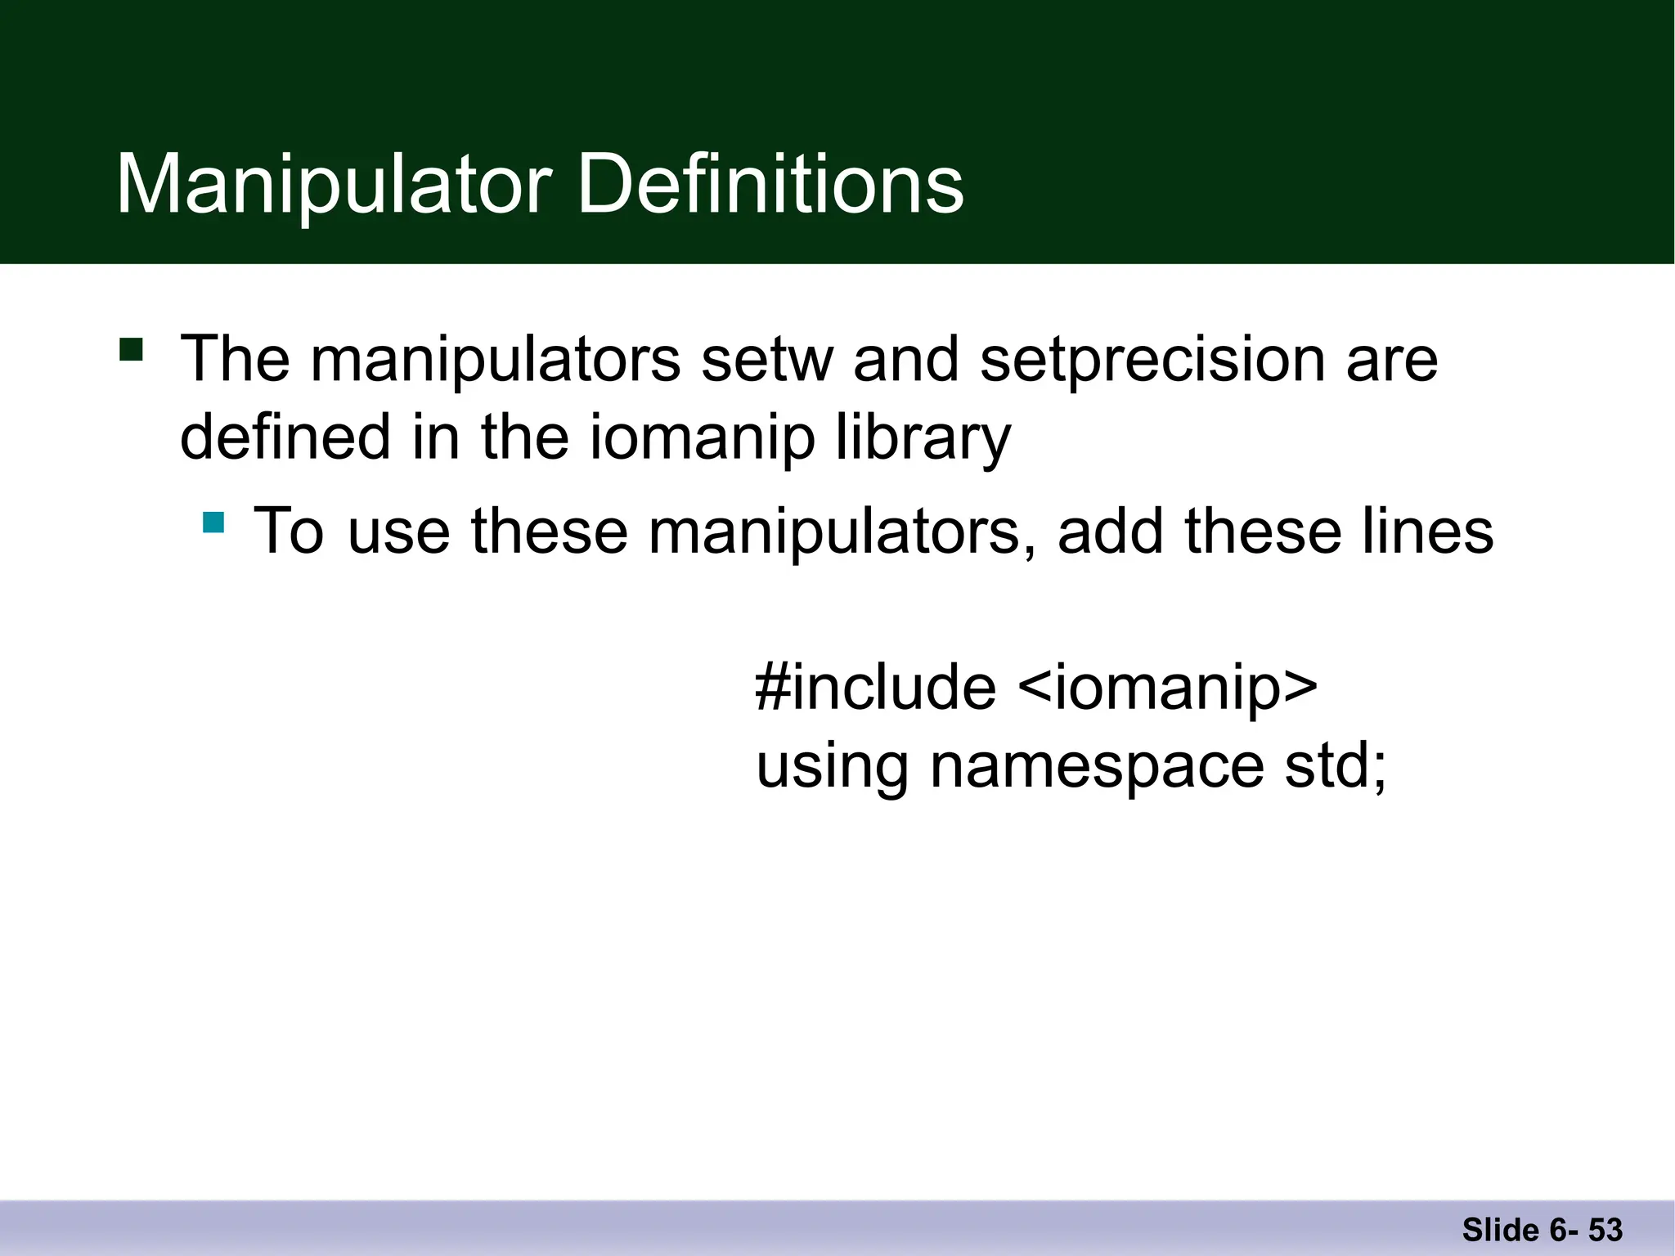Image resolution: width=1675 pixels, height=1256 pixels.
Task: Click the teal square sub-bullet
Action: pyautogui.click(x=213, y=522)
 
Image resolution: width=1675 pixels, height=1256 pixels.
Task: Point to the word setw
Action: pyautogui.click(x=766, y=360)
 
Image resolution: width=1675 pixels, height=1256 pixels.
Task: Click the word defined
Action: pyautogui.click(x=285, y=437)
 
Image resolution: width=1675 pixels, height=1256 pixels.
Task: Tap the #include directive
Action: pyautogui.click(x=875, y=687)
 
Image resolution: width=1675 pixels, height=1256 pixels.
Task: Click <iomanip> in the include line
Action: pyautogui.click(x=1168, y=687)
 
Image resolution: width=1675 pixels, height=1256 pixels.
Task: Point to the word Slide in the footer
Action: pyautogui.click(x=1500, y=1230)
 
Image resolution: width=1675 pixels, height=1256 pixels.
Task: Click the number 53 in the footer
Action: pyautogui.click(x=1605, y=1230)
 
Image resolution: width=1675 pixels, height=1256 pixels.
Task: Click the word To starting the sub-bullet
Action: pyautogui.click(x=289, y=532)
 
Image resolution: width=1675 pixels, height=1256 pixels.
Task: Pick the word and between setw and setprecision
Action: pyautogui.click(x=905, y=360)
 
